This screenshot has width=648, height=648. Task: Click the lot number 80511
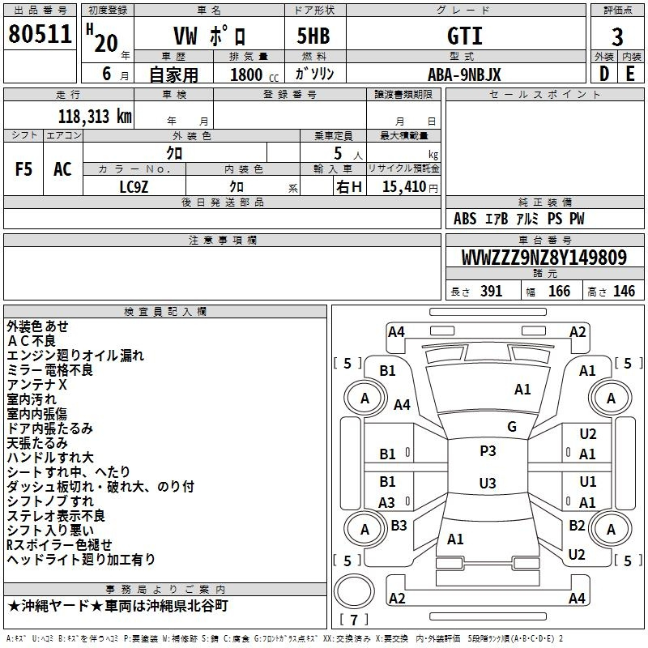point(40,33)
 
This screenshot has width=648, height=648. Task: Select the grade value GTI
point(465,36)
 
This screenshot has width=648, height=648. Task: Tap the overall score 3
point(617,37)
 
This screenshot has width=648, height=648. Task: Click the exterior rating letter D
point(604,74)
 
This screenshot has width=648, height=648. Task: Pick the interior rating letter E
point(630,74)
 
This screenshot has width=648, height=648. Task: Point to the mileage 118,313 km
point(95,117)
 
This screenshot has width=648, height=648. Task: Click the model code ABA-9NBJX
point(464,75)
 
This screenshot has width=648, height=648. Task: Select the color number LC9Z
point(134,187)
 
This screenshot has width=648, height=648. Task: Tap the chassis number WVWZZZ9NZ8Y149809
point(544,258)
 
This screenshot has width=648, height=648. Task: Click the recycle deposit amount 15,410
point(403,187)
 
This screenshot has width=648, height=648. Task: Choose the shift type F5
point(23,169)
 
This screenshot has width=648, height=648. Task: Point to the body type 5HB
point(313,36)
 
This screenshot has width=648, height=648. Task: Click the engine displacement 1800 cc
point(254,75)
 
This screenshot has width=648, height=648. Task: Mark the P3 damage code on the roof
point(488,451)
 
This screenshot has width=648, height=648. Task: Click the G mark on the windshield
point(512,427)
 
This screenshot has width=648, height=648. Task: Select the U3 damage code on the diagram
point(488,483)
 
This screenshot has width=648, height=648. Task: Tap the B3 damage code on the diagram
point(399,525)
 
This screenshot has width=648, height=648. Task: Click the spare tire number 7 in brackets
point(354,620)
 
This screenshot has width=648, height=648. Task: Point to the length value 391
point(491,292)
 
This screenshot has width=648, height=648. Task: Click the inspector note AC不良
point(32,341)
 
